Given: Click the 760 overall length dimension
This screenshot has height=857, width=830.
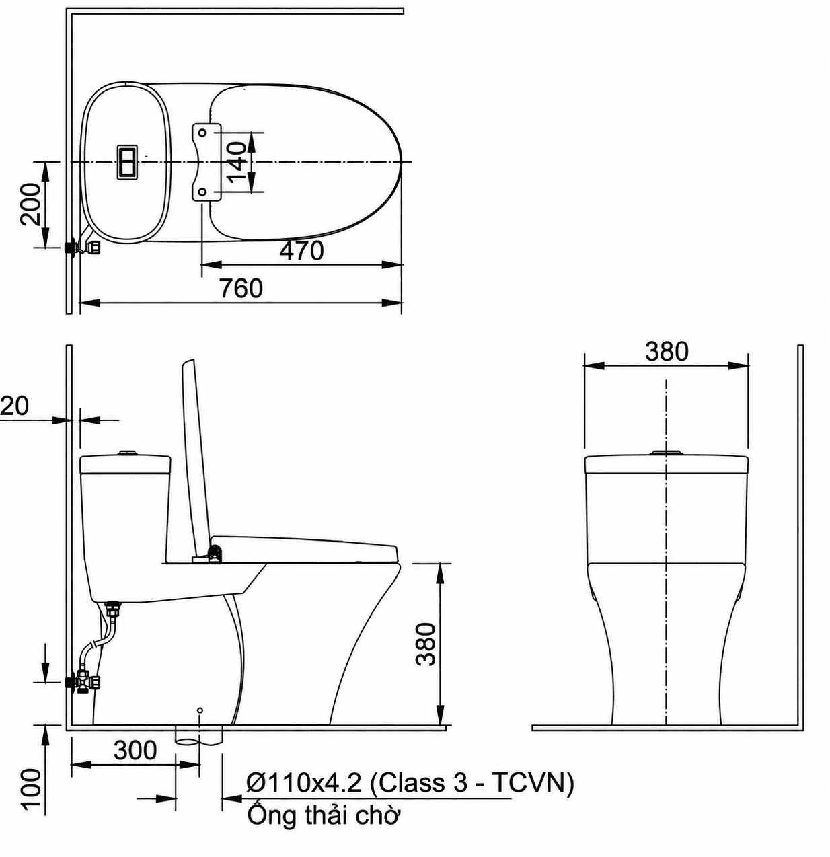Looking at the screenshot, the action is [241, 289].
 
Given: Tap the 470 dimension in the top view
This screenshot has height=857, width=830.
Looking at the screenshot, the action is [301, 251].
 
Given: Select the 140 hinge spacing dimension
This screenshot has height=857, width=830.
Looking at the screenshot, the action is [237, 161].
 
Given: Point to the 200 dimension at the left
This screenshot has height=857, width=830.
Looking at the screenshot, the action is [30, 204].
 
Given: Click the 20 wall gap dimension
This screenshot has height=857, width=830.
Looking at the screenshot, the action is [14, 406].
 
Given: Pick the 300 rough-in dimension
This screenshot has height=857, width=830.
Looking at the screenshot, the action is [135, 750].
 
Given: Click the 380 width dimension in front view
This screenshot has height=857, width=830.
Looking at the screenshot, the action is [666, 351].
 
